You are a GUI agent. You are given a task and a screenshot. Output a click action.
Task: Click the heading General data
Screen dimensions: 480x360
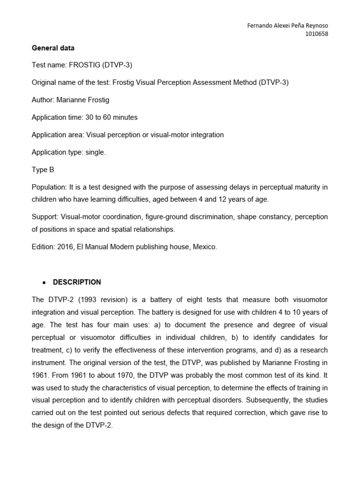click(53, 48)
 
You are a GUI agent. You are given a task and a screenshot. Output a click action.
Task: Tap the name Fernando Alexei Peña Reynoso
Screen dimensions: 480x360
click(287, 26)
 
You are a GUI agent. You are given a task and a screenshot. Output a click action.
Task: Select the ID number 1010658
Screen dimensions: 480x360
click(316, 34)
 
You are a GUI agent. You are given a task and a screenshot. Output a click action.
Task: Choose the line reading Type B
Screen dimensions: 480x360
click(43, 170)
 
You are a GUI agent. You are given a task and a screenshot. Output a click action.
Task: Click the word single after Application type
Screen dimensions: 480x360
click(95, 152)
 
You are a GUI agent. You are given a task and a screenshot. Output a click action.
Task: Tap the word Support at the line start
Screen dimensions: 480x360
click(45, 217)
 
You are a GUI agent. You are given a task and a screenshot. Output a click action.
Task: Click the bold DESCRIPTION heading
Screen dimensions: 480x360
click(77, 282)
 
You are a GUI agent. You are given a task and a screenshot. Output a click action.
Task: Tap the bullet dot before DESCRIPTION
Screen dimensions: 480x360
click(44, 283)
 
